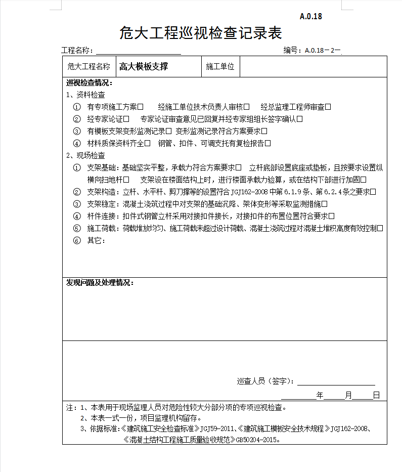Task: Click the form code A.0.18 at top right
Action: click(x=310, y=16)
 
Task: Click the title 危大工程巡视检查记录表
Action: click(x=200, y=33)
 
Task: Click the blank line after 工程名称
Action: click(x=139, y=51)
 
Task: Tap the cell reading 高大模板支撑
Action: click(x=144, y=66)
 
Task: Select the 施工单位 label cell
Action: click(x=220, y=66)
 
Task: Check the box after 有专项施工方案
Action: click(x=141, y=107)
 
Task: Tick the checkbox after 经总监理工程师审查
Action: click(x=328, y=107)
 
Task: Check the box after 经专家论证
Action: click(x=126, y=119)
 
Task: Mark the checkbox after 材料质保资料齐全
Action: click(x=148, y=144)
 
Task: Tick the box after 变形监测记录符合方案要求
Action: click(x=264, y=132)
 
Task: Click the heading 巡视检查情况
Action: click(x=90, y=83)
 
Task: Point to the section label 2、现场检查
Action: click(x=86, y=155)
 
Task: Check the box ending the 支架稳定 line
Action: click(x=325, y=204)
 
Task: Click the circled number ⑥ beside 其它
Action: click(x=77, y=241)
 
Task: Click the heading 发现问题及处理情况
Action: click(x=100, y=283)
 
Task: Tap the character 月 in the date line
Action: click(x=348, y=396)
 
